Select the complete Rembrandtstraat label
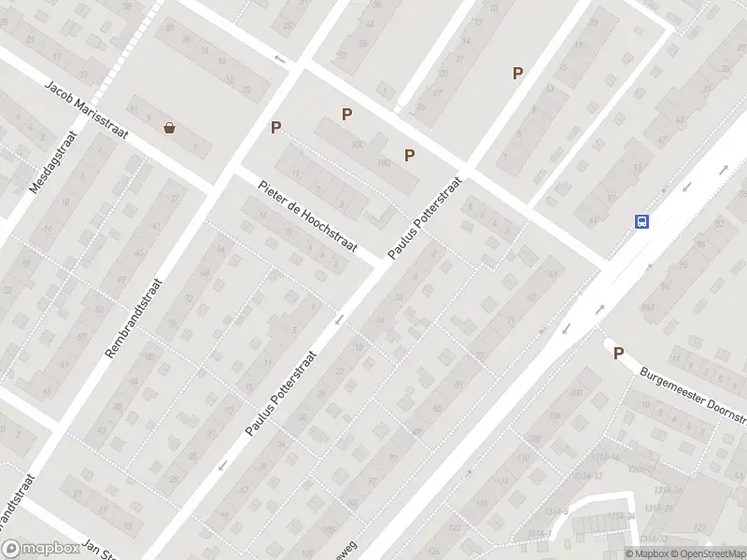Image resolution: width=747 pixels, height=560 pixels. point(136,318)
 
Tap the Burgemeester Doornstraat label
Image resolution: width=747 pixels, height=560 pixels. point(692,387)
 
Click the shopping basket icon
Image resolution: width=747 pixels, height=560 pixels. point(169,128)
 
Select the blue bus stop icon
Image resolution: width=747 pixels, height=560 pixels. point(642,221)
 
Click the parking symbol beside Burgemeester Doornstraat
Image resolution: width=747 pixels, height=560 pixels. point(617,353)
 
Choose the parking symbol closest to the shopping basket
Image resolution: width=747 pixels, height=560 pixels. point(275,128)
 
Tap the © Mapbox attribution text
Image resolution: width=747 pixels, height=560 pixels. point(646,553)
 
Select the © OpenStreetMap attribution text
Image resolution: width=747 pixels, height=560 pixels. point(707,553)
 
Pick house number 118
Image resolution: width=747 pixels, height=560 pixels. point(483,505)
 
